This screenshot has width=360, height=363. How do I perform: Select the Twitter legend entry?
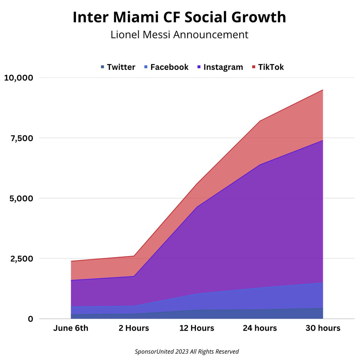click(x=118, y=67)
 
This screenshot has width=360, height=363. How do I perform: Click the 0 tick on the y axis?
click(x=31, y=319)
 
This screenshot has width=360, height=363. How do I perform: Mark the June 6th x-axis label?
click(x=71, y=328)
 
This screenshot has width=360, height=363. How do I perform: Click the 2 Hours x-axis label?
click(x=134, y=328)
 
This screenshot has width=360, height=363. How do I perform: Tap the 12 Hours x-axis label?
click(x=197, y=328)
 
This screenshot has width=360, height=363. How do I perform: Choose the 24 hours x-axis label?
click(x=260, y=328)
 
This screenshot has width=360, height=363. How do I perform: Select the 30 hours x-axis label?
click(x=323, y=328)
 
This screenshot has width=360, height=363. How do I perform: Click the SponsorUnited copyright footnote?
click(x=187, y=352)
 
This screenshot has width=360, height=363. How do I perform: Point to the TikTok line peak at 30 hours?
click(x=323, y=90)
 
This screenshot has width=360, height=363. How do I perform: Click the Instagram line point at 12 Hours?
click(x=197, y=207)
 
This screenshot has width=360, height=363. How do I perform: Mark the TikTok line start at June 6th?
click(x=71, y=261)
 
